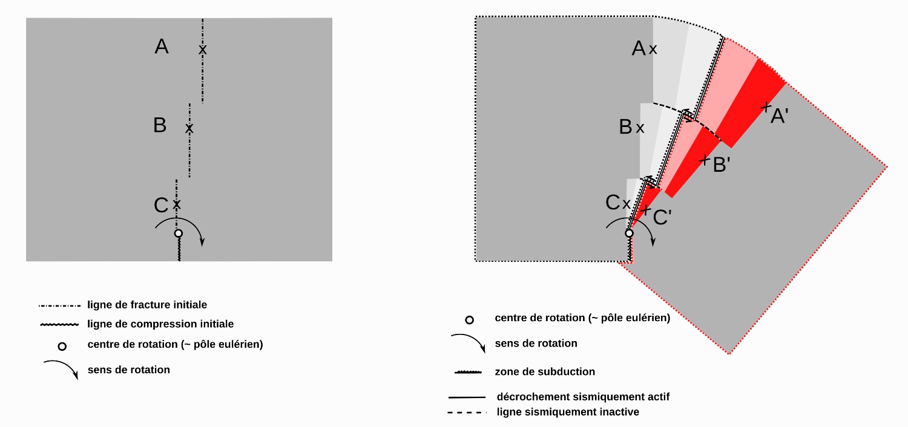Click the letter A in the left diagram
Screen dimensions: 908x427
pyautogui.click(x=162, y=47)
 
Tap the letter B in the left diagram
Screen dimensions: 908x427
pyautogui.click(x=160, y=125)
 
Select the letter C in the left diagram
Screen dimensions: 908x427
pyautogui.click(x=161, y=206)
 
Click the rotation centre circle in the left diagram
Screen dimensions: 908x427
pyautogui.click(x=178, y=233)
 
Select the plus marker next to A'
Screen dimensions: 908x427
pyautogui.click(x=766, y=107)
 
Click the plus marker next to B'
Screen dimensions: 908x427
pyautogui.click(x=705, y=160)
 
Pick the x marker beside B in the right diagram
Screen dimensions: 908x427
pyautogui.click(x=640, y=128)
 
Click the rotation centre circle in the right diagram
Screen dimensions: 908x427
pyautogui.click(x=630, y=233)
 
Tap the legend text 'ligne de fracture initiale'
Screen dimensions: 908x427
pyautogui.click(x=147, y=304)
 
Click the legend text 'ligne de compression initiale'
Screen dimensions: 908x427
pyautogui.click(x=160, y=324)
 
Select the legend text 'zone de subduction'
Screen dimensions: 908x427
pyautogui.click(x=545, y=371)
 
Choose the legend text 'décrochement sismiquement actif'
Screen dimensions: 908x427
pyautogui.click(x=583, y=397)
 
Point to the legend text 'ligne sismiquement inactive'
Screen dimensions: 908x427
pyautogui.click(x=567, y=412)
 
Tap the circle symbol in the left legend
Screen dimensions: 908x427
pyautogui.click(x=61, y=347)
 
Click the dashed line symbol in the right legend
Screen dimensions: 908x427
pyautogui.click(x=467, y=412)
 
